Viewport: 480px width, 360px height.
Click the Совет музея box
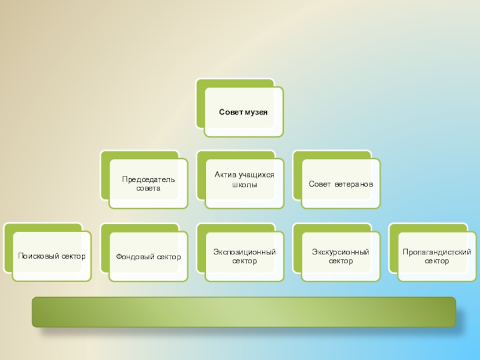tap(243, 112)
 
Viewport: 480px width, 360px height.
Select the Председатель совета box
tap(148, 184)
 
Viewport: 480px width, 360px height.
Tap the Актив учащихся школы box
tap(244, 179)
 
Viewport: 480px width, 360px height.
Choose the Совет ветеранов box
tap(341, 184)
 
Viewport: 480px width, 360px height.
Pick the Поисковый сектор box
tap(52, 256)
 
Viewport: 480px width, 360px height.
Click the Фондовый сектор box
tap(148, 257)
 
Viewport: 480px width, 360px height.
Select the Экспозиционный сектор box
tap(244, 257)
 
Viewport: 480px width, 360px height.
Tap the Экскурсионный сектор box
tap(341, 257)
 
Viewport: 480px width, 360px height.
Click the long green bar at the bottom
tap(244, 311)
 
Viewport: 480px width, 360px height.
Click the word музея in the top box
tap(256, 112)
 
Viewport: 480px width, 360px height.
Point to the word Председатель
tap(149, 179)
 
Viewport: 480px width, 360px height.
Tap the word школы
tap(244, 185)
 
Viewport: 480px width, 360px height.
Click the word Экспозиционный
tap(244, 253)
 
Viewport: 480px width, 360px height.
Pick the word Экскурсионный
tap(341, 253)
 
